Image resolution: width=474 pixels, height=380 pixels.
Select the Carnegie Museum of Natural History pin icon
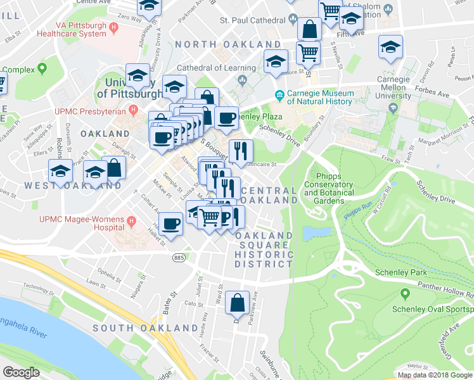279,96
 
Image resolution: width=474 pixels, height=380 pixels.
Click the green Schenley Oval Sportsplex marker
406,294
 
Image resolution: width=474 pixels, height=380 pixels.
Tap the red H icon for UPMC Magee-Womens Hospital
132,222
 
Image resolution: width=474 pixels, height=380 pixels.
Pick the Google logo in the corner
21,372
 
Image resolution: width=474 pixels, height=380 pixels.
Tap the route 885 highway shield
179,258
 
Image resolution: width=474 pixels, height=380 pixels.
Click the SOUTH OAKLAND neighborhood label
145,328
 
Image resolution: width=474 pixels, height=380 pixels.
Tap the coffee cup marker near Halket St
170,224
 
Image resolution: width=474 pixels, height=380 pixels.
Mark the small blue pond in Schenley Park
309,233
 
